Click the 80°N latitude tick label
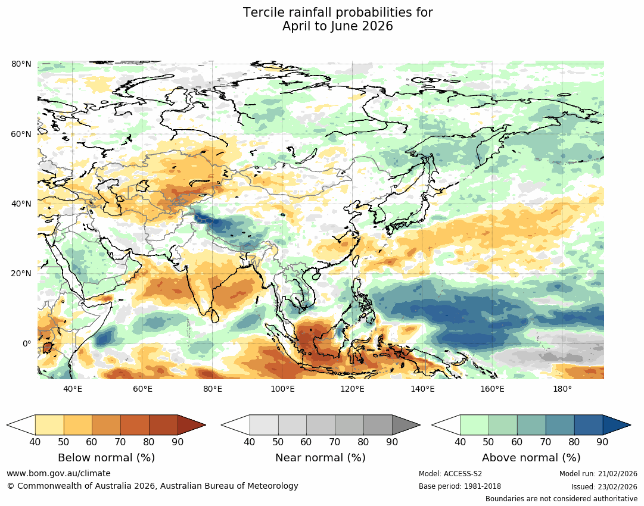point(21,64)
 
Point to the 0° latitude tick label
point(26,343)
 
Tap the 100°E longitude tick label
point(283,389)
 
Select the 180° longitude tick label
point(562,389)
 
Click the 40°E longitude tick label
point(73,389)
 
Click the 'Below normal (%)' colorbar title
point(106,458)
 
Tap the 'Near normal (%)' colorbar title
point(321,458)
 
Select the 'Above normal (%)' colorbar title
point(531,458)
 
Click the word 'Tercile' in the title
point(264,13)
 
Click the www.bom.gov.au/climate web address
point(58,473)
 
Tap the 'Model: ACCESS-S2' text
point(450,474)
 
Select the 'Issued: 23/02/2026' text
point(599,486)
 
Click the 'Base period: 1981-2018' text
point(460,486)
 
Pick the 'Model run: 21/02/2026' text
point(598,474)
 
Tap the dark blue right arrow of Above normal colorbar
point(617,425)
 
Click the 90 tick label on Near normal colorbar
point(392,442)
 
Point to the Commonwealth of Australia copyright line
point(153,486)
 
